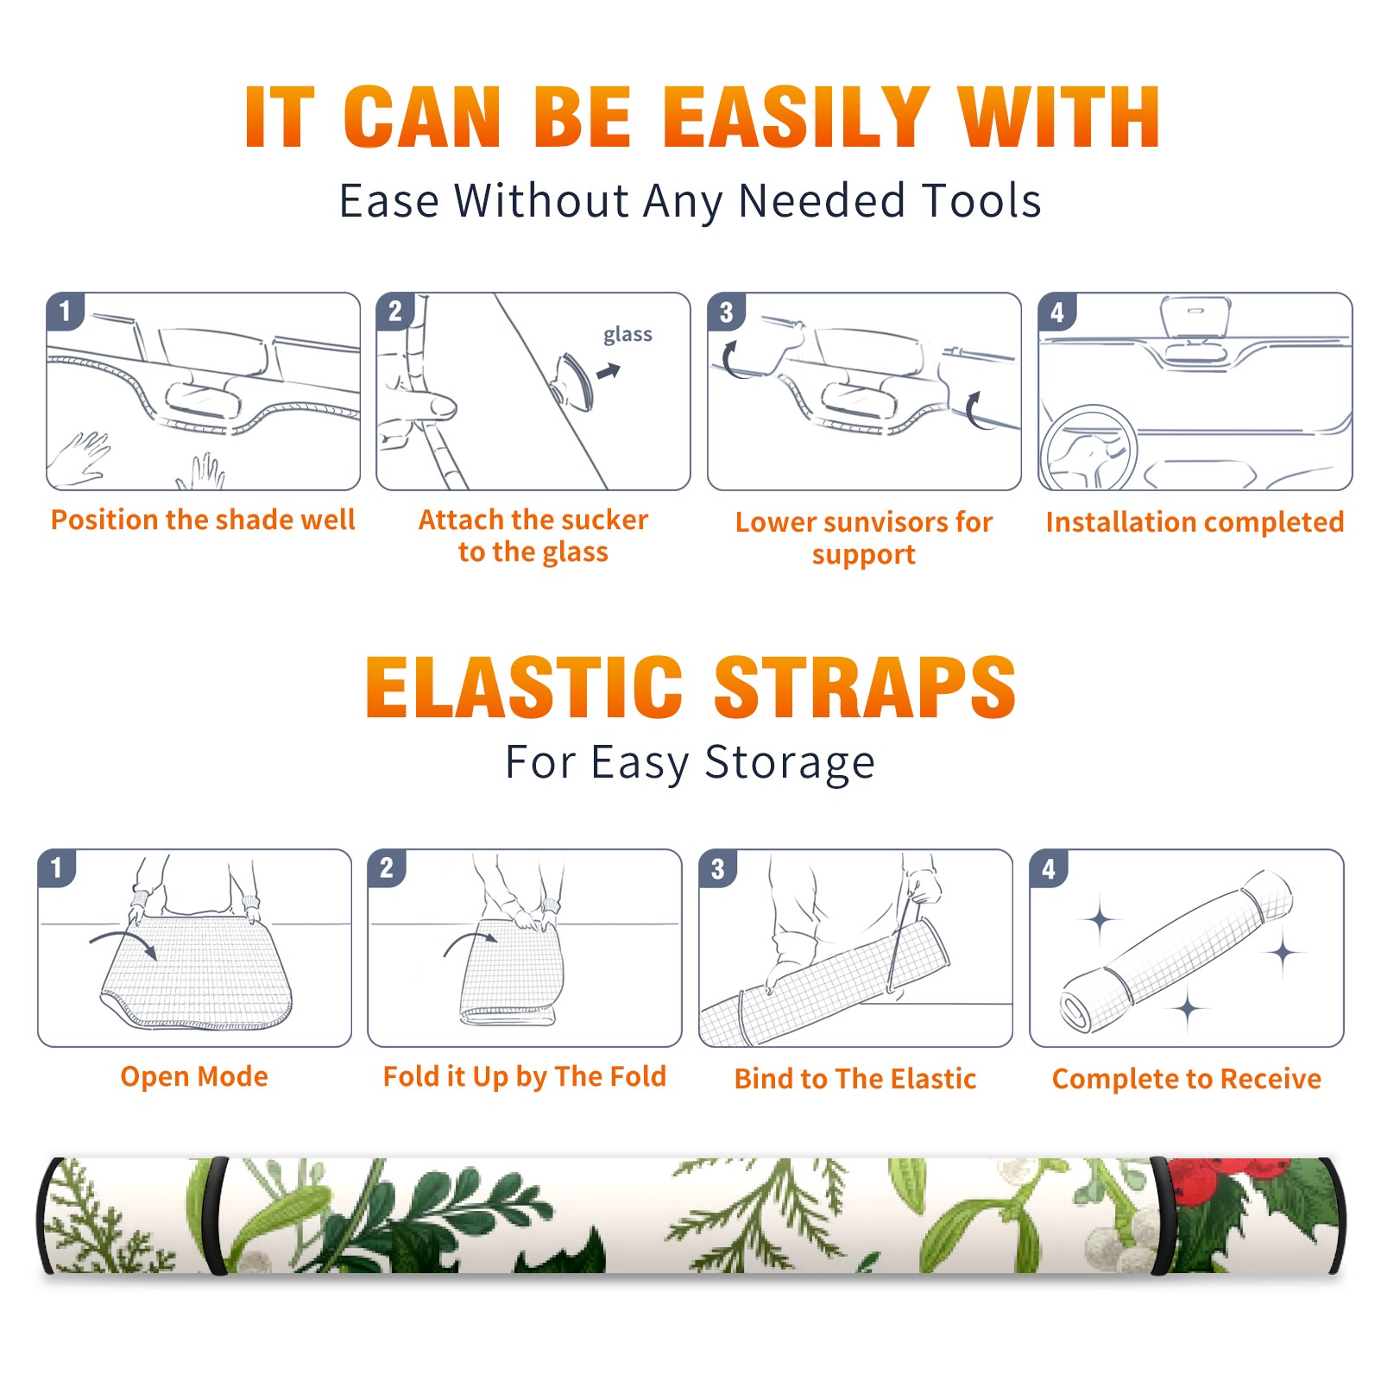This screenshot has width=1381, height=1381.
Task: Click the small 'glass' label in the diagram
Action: coord(627,334)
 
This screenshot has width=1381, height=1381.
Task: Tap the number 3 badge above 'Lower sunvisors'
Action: coord(726,312)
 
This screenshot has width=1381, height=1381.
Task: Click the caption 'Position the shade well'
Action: coord(203,520)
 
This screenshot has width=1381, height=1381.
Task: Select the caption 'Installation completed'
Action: coord(1195,522)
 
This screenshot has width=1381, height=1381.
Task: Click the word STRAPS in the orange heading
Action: coord(865,687)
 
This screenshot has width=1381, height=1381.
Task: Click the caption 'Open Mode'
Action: coord(194,1076)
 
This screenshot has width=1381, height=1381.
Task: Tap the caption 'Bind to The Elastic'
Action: coord(855,1079)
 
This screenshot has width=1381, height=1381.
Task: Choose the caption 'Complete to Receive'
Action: coord(1187,1079)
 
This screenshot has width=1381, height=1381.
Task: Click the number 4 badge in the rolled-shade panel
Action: coord(1049,868)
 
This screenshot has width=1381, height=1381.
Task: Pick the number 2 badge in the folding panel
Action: coord(387,867)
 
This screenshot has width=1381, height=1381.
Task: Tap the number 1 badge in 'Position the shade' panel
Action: coord(65,311)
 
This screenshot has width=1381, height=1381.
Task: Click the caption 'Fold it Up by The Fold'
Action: coord(525,1076)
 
